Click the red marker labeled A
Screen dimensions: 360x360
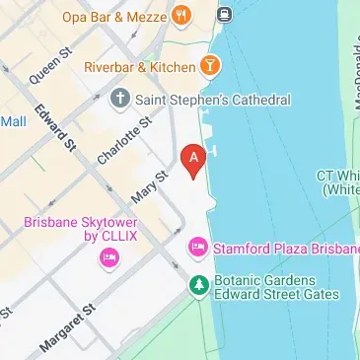[194, 156]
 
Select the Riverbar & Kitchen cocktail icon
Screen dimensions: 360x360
[210, 66]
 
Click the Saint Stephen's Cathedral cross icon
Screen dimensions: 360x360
[120, 100]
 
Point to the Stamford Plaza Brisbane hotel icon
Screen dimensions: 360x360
[198, 245]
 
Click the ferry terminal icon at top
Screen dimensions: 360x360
[225, 14]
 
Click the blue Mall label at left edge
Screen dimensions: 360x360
[13, 121]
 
